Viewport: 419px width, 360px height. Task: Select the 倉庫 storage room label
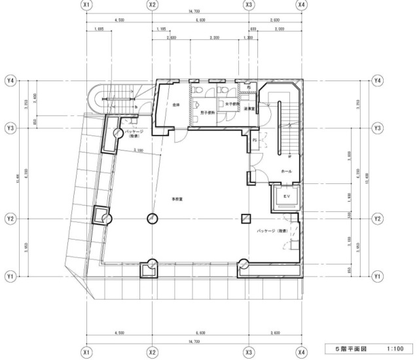coord(176,105)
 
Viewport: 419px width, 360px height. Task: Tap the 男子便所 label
coord(208,112)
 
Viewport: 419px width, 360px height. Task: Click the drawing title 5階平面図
coord(350,349)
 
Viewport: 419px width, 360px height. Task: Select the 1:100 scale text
coord(394,349)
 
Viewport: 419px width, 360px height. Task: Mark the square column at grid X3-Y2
coord(246,218)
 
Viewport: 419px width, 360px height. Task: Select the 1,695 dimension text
coord(100,29)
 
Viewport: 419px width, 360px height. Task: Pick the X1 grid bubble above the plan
coord(86,5)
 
